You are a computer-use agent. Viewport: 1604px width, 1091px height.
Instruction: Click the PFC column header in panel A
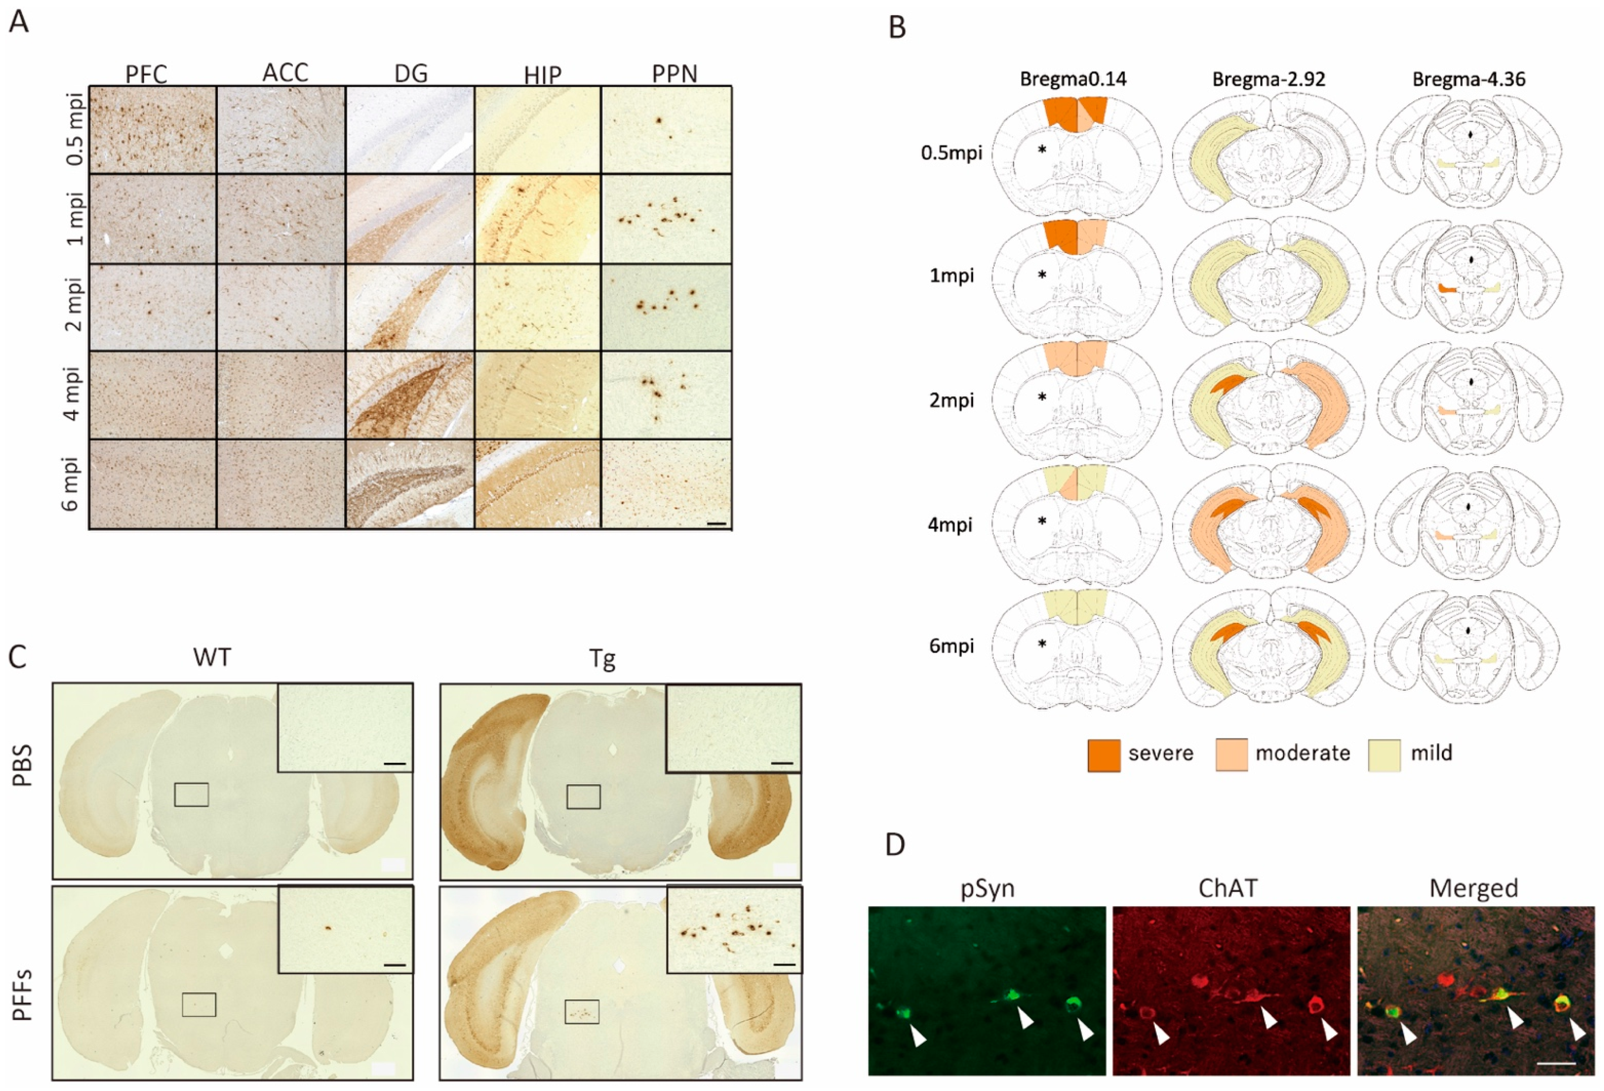[146, 74]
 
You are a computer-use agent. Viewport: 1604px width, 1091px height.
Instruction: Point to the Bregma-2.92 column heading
[1268, 79]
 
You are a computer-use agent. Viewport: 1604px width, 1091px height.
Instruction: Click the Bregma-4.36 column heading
[1469, 79]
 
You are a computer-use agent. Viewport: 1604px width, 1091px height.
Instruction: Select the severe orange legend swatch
[1104, 754]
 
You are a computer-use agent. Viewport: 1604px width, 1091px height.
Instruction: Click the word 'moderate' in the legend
[1302, 753]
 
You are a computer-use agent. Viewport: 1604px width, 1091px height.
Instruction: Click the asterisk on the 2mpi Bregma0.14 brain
[1042, 397]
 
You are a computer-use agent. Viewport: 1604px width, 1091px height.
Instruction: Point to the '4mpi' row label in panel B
[951, 524]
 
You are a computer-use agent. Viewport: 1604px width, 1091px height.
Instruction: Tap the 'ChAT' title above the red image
[1228, 888]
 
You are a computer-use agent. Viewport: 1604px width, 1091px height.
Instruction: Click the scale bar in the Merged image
[1557, 1064]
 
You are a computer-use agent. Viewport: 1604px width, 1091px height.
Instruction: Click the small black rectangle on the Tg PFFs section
[582, 1012]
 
